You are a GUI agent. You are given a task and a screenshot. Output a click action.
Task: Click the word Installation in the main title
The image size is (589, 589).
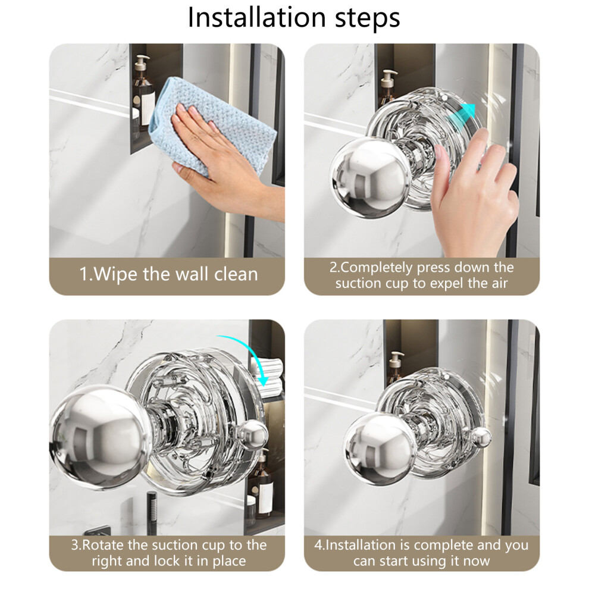256,17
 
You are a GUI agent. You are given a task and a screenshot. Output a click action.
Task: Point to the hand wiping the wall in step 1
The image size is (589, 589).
225,165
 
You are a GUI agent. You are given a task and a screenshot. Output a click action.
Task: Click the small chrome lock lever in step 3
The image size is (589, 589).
252,436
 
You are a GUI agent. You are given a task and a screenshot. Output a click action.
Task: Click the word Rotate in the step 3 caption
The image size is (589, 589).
104,545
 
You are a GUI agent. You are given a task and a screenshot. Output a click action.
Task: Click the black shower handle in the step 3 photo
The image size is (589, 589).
152,513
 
